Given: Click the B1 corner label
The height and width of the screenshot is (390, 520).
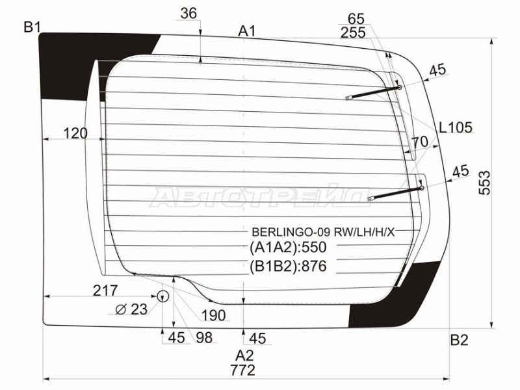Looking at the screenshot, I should coord(32,27).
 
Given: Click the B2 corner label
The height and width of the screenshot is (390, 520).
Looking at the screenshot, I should coord(459,339).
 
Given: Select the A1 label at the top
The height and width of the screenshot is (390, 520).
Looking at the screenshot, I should coord(246,31).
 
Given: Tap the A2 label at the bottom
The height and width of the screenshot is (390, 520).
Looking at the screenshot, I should coord(244,355).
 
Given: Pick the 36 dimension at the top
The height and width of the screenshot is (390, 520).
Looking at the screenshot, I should coord(188,13).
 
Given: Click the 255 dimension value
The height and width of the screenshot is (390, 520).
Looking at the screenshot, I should coord(353,32).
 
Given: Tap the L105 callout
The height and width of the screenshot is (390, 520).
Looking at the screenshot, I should coord(455,127).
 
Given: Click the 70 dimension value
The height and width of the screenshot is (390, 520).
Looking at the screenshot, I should coord(419,141).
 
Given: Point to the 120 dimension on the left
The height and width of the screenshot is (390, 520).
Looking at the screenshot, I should coord(76,134).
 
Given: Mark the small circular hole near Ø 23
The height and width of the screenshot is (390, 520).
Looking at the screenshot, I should coord(162,297).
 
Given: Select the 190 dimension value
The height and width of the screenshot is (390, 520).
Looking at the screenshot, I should coord(213,316).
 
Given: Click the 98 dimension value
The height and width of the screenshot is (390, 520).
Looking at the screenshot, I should coord(203,338).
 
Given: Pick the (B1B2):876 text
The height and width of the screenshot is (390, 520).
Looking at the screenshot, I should coord(287,266).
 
